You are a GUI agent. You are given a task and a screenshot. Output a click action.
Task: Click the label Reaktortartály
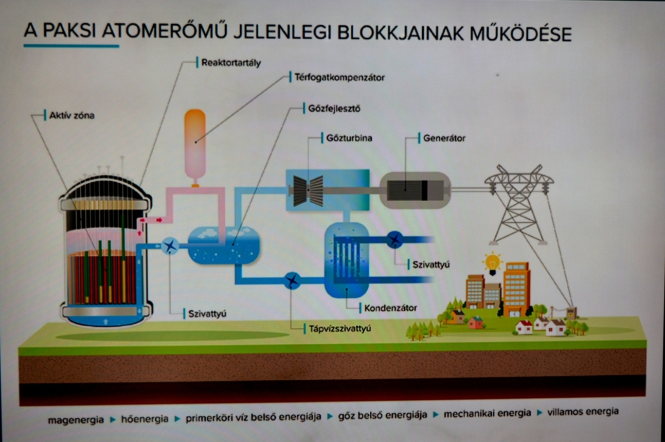(x=231, y=63)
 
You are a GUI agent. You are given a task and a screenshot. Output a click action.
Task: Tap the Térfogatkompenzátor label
(x=339, y=78)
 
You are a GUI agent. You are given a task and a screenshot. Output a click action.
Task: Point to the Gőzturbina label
(x=349, y=138)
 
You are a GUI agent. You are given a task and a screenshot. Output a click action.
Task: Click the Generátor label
(x=444, y=138)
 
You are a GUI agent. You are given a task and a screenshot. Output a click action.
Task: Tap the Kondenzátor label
(x=390, y=308)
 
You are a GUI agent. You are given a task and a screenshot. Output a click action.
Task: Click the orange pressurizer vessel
(x=195, y=145)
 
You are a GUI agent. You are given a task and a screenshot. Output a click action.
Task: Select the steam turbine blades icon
(x=308, y=190)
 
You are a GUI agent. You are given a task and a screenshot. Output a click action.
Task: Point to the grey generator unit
(x=415, y=190)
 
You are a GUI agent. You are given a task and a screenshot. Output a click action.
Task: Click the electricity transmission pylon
(x=518, y=204)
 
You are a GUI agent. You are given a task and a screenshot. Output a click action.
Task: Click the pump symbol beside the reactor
(x=170, y=246)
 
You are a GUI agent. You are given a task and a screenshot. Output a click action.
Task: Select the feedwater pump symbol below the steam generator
(x=292, y=280)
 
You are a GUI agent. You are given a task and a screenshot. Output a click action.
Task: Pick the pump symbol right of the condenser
(x=394, y=239)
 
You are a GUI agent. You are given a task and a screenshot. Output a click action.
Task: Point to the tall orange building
(x=516, y=288)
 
